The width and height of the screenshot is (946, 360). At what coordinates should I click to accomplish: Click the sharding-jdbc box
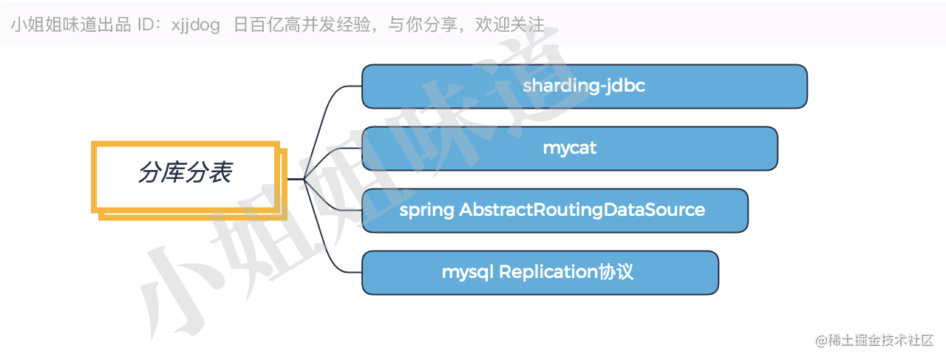[584, 86]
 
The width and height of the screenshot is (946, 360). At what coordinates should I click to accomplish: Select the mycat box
[569, 149]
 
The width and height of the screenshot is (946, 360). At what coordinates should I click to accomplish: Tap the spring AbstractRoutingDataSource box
[554, 211]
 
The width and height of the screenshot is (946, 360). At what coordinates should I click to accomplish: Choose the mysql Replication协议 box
[540, 273]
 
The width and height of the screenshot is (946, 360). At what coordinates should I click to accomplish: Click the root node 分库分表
[186, 174]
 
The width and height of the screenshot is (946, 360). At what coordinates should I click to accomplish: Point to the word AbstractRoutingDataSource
[582, 210]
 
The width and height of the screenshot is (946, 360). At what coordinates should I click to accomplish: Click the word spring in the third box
[426, 211]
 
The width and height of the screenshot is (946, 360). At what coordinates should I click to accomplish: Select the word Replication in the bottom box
[548, 272]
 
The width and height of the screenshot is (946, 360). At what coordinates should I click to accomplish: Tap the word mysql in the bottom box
[468, 273]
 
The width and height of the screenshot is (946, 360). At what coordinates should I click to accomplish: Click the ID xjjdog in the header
[196, 25]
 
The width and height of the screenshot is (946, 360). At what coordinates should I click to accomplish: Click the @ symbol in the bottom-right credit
[820, 341]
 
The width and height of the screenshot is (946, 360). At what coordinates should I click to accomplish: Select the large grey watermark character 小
[177, 296]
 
